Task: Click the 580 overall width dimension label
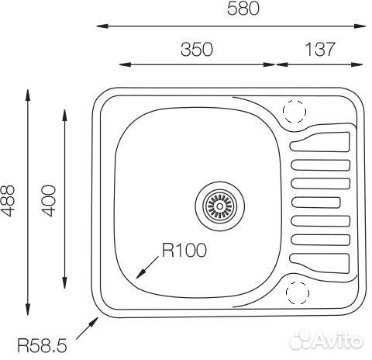(243, 8)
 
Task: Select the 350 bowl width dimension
(197, 50)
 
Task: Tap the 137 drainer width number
(320, 49)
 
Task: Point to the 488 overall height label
(8, 201)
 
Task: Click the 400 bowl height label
(49, 201)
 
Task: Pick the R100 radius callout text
(184, 250)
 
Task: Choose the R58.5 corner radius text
(42, 345)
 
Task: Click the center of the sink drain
(219, 206)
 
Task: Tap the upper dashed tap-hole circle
(294, 111)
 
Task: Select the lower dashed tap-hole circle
(298, 292)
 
